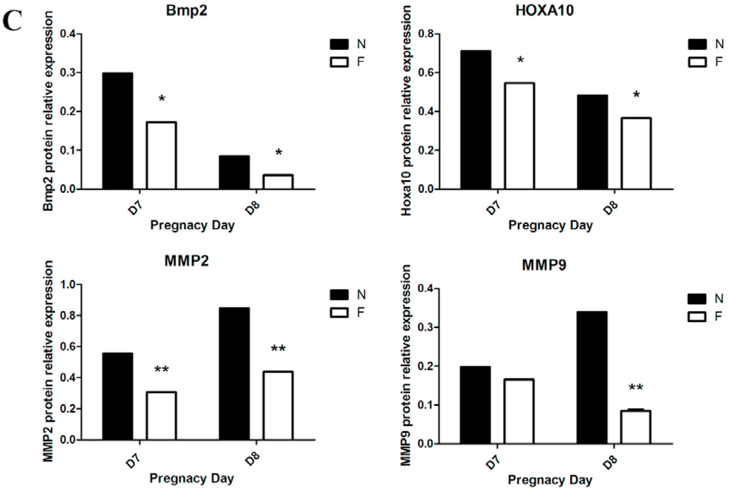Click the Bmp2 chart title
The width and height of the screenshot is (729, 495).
(186, 11)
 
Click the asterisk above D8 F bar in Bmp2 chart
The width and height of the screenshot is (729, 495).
(278, 153)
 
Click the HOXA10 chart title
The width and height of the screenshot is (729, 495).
(544, 11)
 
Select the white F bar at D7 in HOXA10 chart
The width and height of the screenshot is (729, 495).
(519, 136)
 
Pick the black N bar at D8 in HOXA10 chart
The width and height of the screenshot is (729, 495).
(592, 142)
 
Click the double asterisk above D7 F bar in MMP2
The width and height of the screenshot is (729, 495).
(162, 369)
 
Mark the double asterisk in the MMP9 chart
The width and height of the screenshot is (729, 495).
(636, 387)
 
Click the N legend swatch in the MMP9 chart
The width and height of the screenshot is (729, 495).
(697, 299)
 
